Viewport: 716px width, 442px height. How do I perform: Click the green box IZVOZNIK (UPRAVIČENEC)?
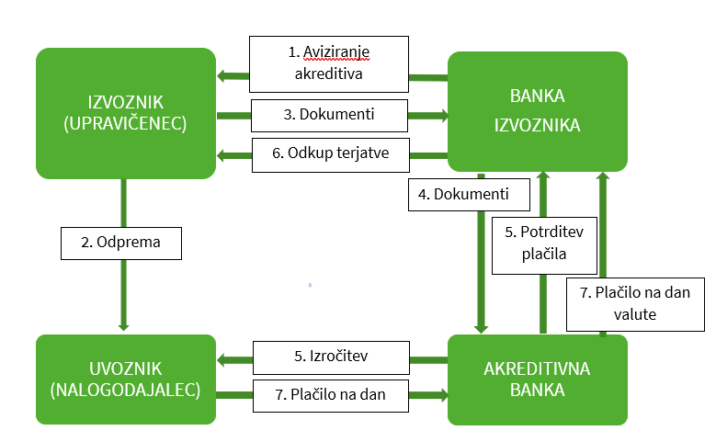(x=126, y=113)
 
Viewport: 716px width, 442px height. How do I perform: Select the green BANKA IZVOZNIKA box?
(x=537, y=111)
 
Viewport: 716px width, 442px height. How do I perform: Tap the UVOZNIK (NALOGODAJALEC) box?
(x=126, y=380)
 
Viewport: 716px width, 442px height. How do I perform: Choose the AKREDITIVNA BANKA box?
(x=537, y=380)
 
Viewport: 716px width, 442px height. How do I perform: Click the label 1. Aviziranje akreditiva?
(x=329, y=63)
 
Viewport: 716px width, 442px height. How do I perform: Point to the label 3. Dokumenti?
(x=329, y=116)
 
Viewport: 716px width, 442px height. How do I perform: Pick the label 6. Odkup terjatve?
(x=329, y=154)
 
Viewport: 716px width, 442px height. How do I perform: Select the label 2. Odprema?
(x=121, y=243)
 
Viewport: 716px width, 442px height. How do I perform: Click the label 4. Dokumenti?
(x=470, y=194)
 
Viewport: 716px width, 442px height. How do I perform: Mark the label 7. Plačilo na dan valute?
(x=635, y=302)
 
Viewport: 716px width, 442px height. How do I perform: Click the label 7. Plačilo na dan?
(x=329, y=395)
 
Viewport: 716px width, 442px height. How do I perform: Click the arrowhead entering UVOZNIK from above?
(x=123, y=324)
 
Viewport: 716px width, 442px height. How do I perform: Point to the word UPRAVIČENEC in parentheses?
(x=126, y=125)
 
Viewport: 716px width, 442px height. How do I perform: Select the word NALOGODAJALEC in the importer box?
(x=126, y=391)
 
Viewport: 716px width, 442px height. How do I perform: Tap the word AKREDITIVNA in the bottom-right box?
(x=537, y=368)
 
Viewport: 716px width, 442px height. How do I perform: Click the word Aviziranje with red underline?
(x=339, y=52)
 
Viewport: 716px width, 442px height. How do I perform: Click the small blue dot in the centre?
(x=312, y=285)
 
